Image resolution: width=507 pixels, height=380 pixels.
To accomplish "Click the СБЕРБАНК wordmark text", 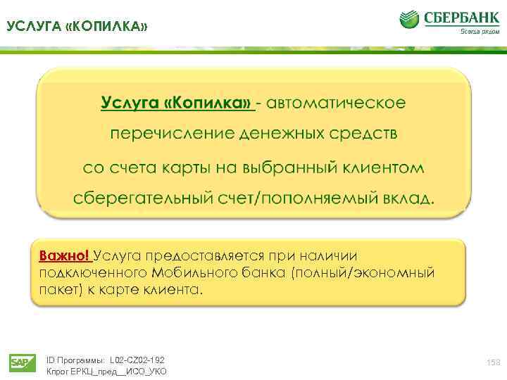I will click(459, 17).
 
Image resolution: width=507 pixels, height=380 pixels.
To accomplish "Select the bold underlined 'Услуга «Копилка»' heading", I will click(177, 104).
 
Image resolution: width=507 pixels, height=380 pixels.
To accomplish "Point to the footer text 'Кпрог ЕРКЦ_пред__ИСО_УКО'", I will click(106, 372).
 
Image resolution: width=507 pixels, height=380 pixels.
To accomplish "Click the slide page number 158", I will click(493, 362).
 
